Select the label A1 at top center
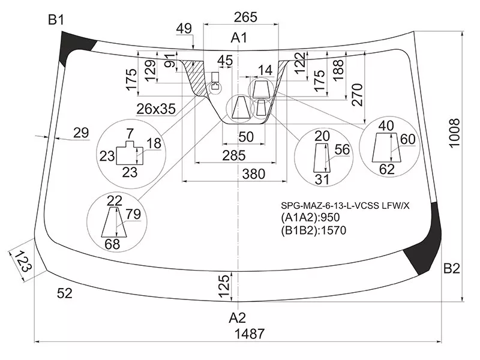pos(239,38)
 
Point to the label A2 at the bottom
pos(238,317)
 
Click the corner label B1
pos(56,21)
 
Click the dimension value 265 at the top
pos(246,17)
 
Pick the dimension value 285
pos(233,155)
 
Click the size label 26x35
pos(156,109)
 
